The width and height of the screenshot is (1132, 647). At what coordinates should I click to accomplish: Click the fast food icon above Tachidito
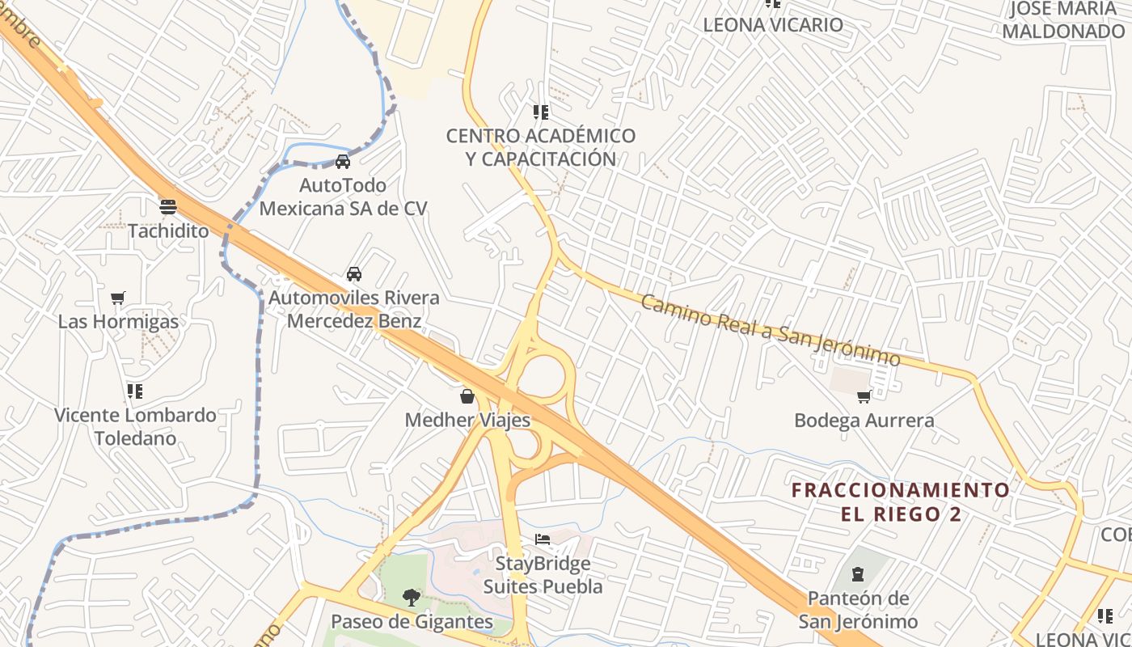click(x=168, y=206)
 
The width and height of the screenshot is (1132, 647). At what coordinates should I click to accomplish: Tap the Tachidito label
click(x=168, y=230)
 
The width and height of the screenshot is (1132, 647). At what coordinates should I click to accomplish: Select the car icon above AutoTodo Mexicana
click(x=343, y=161)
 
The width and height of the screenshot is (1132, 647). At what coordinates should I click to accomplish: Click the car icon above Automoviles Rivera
click(x=353, y=273)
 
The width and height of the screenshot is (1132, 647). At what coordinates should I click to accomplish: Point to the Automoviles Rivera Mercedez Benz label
click(x=354, y=309)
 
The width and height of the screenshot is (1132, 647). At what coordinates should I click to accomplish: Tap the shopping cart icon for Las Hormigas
click(x=118, y=298)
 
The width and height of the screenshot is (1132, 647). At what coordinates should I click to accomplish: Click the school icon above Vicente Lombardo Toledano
click(x=134, y=391)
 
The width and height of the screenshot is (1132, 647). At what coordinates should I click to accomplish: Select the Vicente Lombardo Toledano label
click(x=135, y=427)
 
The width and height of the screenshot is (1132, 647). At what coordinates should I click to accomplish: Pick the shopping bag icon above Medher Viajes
click(x=467, y=395)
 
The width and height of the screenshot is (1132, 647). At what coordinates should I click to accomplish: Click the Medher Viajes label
click(x=467, y=420)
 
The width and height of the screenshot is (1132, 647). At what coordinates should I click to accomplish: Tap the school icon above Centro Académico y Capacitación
click(x=541, y=112)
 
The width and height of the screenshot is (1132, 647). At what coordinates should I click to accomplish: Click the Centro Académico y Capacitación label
click(x=541, y=147)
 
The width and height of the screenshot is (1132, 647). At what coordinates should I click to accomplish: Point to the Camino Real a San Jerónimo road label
click(x=771, y=329)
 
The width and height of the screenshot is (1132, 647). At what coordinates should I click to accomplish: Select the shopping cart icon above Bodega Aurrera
click(x=864, y=396)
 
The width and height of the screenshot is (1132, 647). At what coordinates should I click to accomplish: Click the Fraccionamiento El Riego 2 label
click(x=901, y=501)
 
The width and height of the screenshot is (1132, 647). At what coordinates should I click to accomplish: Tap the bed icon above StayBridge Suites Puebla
click(x=543, y=539)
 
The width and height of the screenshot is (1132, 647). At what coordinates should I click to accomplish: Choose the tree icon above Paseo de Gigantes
click(x=412, y=598)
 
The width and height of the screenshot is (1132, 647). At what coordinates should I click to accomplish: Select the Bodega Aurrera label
click(x=864, y=421)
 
